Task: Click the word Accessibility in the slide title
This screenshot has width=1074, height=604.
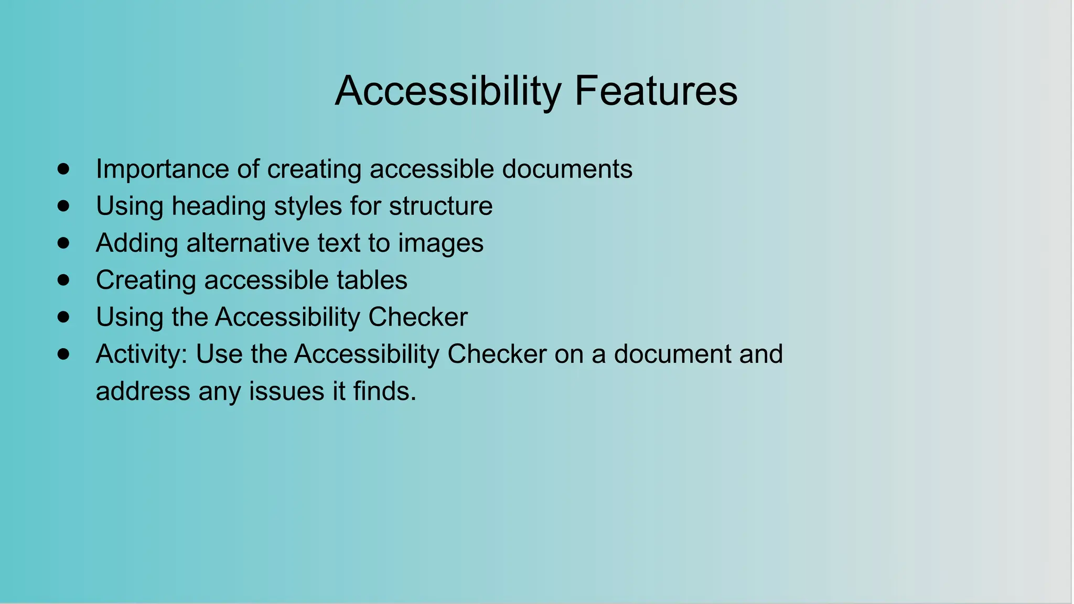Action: click(x=448, y=92)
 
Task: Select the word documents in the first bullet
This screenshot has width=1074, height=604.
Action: click(x=567, y=169)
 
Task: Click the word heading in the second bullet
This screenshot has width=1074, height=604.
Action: click(x=219, y=206)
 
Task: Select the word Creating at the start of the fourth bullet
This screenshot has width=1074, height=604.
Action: click(x=146, y=281)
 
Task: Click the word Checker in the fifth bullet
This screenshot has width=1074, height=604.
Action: click(x=417, y=317)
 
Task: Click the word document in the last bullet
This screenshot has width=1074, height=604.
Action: click(x=672, y=354)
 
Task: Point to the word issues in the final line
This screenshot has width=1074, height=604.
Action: click(x=286, y=391)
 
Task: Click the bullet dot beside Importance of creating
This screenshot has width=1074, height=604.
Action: click(x=63, y=169)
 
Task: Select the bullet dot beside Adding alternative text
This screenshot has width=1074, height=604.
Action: click(x=63, y=243)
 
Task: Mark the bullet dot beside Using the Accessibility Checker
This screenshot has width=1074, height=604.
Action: click(x=63, y=317)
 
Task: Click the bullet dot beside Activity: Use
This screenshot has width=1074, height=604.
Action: click(x=63, y=354)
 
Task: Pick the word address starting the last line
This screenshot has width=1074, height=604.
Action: click(x=143, y=391)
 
